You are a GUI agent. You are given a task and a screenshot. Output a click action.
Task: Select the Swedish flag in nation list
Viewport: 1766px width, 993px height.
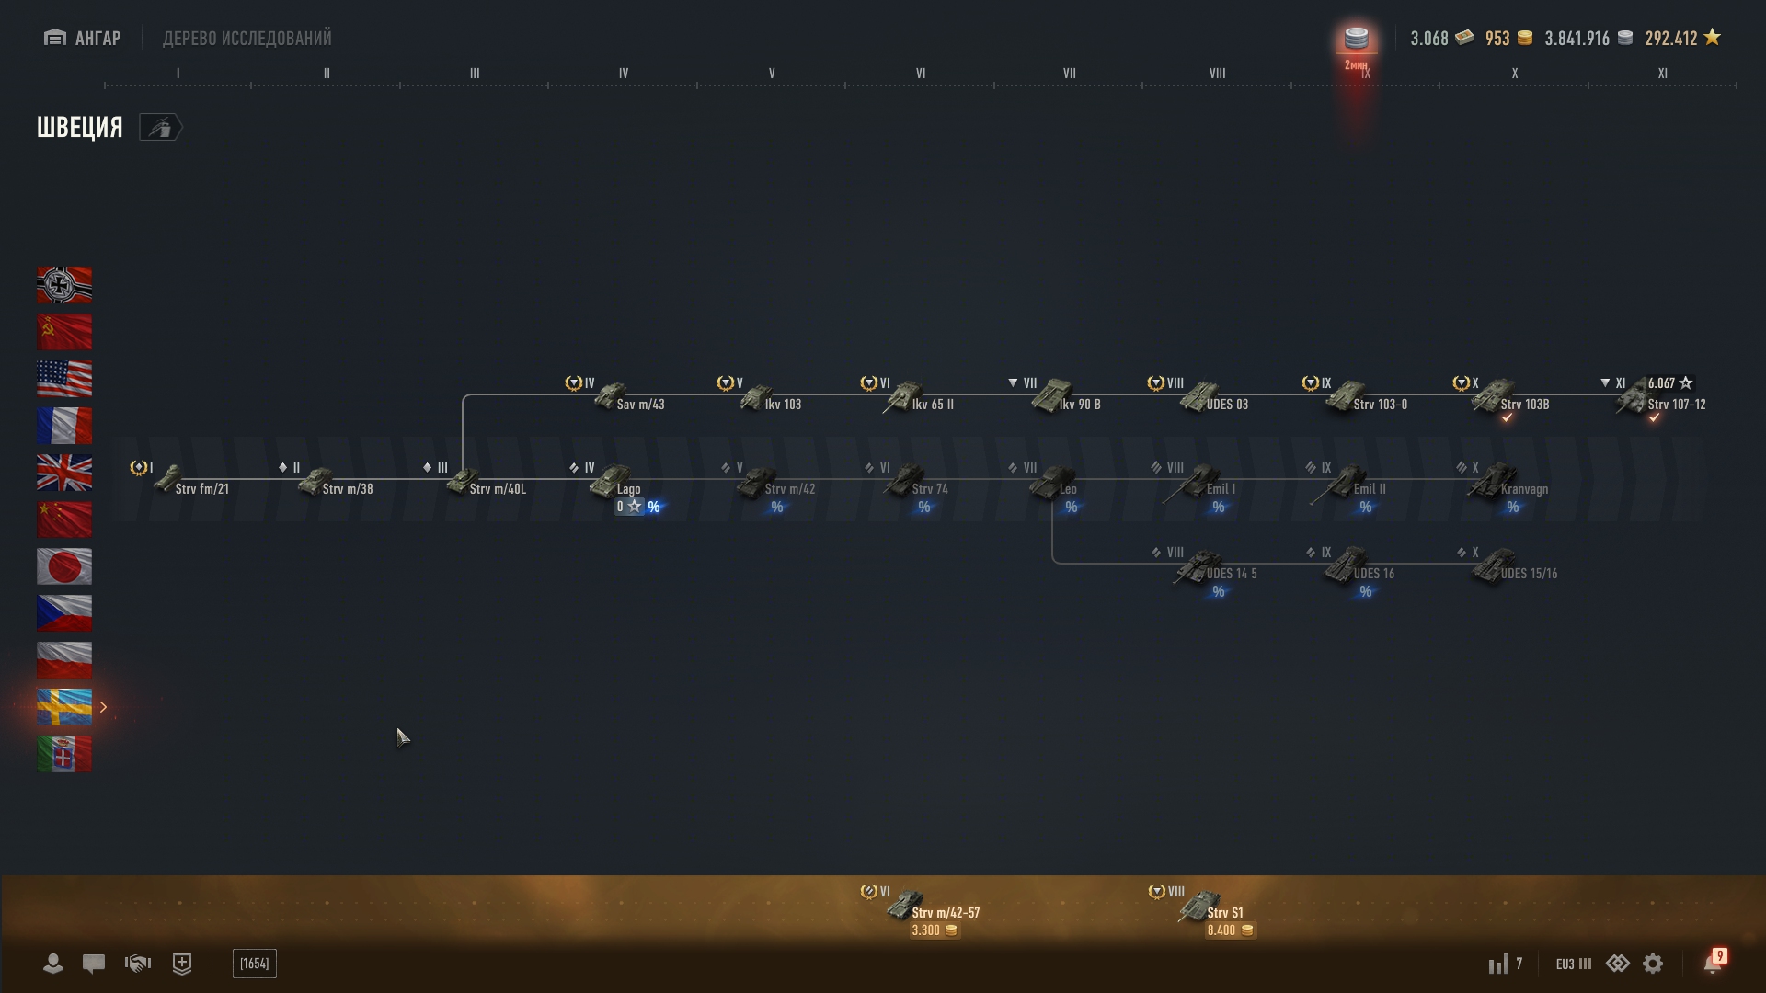click(64, 707)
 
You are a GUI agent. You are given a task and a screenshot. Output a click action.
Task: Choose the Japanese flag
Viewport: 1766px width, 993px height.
click(64, 566)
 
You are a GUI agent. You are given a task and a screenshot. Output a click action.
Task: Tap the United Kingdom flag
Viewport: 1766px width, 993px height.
click(64, 473)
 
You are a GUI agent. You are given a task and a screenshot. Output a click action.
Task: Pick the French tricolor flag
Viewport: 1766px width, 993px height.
click(64, 426)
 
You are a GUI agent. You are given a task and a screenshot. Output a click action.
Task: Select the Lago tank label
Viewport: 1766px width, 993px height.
click(629, 489)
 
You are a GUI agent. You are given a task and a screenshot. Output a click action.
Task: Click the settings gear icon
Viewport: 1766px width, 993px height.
click(1653, 964)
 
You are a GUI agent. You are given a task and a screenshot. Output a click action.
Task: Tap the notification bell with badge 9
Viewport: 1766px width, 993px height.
click(1713, 964)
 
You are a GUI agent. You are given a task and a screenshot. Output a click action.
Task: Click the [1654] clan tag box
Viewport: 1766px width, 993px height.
click(255, 964)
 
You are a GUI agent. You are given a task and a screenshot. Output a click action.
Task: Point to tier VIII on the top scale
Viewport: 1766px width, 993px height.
click(1217, 74)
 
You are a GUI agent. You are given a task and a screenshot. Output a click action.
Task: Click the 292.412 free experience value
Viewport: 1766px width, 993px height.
click(1670, 39)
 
